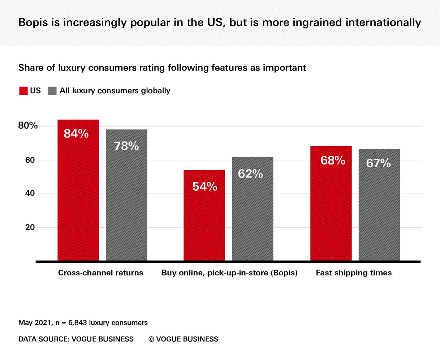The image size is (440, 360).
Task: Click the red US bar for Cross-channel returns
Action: pos(78,195)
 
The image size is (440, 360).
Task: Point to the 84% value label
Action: pos(76,134)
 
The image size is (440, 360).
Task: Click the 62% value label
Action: pos(250,174)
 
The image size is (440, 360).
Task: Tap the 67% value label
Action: pos(378,163)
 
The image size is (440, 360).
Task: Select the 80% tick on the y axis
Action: pos(28,126)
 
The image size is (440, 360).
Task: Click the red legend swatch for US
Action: pos(23,91)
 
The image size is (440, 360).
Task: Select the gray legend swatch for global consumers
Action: pos(52,91)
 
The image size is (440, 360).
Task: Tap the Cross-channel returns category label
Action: pos(100,273)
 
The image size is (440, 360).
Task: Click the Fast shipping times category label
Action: pos(354,273)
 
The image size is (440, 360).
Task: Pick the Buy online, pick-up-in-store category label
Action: pos(229,273)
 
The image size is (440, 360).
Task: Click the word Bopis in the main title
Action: pos(35,23)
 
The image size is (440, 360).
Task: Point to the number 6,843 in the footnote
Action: pos(78,323)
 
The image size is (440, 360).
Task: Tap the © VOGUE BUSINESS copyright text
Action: pos(183,339)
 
